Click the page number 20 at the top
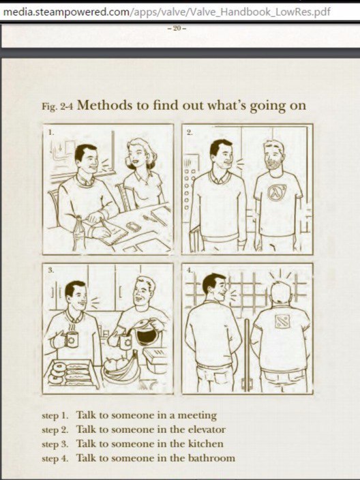[x=177, y=29]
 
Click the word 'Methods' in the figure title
[x=105, y=105]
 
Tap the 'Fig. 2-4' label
[x=57, y=106]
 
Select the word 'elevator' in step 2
[x=207, y=430]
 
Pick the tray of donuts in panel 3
[x=72, y=375]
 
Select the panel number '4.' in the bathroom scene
[x=190, y=270]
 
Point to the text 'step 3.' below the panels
[x=55, y=444]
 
